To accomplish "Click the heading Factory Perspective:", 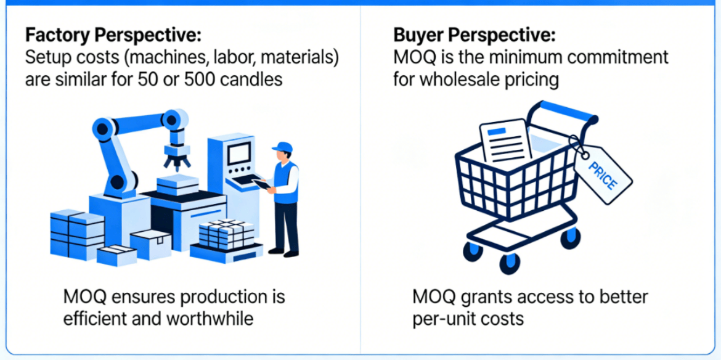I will (x=113, y=35).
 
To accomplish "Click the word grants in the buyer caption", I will (x=484, y=297).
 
